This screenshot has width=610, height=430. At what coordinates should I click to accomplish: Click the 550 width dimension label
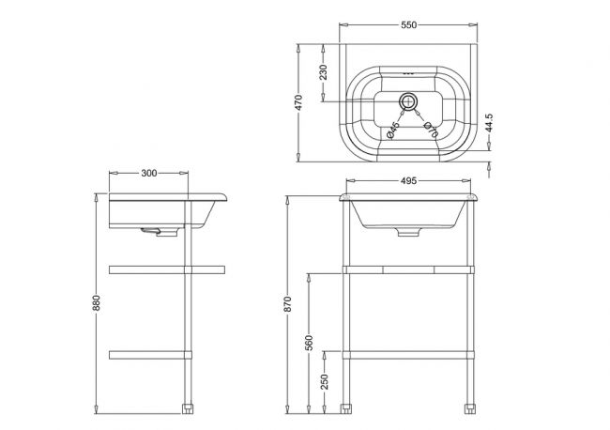(x=408, y=25)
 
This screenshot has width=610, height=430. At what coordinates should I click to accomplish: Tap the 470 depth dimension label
(x=298, y=102)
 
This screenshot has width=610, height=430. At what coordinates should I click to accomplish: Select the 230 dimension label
(x=323, y=72)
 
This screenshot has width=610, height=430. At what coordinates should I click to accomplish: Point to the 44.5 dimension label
(x=489, y=123)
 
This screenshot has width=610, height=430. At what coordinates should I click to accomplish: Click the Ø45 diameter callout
(x=393, y=130)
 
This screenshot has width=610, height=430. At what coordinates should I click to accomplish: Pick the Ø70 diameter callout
(x=431, y=130)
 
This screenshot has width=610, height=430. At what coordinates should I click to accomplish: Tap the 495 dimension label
(x=408, y=180)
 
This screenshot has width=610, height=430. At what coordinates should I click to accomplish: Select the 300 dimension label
(x=149, y=173)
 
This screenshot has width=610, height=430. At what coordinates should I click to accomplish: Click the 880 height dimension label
(x=96, y=303)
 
